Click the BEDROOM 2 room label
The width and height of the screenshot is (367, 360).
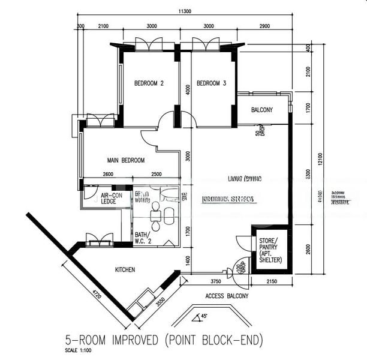(149, 83)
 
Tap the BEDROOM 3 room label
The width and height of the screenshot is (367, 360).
(211, 83)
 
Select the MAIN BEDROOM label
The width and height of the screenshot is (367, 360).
(126, 160)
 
